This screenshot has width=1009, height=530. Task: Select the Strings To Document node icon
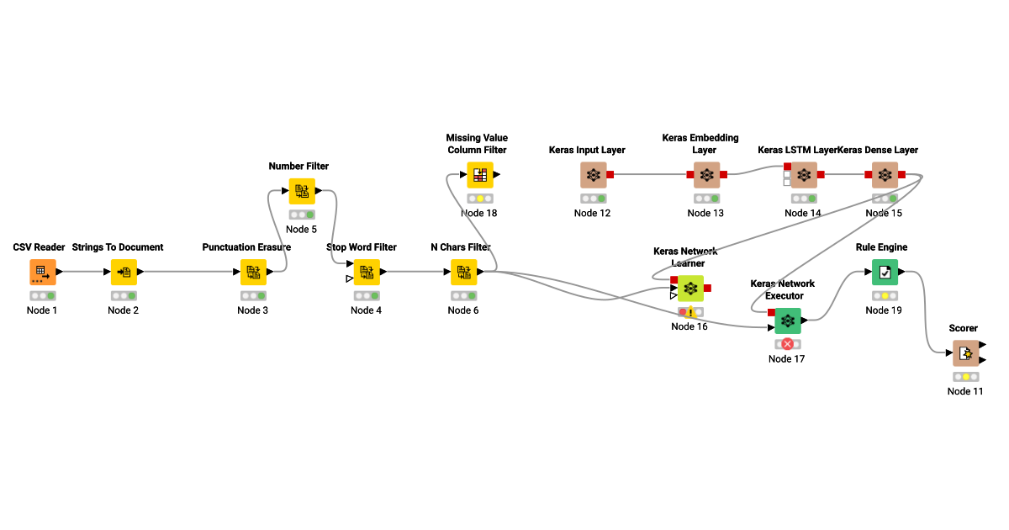pos(124,272)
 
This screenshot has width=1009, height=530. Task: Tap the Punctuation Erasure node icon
pos(253,272)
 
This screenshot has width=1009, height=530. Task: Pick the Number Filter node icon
pos(302,191)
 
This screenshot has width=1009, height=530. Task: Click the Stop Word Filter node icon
pos(367,272)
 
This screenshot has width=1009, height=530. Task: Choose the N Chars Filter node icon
pos(463,272)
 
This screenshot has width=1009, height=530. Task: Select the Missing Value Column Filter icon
pos(479,175)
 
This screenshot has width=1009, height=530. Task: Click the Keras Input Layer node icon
pos(593,175)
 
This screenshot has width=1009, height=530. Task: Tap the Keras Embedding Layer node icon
pos(706,175)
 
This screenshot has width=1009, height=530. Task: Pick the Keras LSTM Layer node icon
pos(803,175)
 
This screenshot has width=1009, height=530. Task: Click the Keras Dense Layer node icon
pos(884,175)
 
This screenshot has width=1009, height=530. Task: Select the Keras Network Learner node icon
pos(690,289)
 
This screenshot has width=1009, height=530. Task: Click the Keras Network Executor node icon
pos(787,321)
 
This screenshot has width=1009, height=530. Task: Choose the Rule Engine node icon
pos(885,272)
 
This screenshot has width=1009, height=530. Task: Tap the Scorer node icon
pos(965,353)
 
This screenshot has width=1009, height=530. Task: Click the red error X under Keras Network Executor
pos(788,344)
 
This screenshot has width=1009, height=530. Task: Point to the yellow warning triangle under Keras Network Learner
pos(691,312)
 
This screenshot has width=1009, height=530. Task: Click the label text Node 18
pos(479,213)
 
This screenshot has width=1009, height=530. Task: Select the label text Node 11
pos(965,391)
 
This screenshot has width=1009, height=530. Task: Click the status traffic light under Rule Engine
pos(885,296)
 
